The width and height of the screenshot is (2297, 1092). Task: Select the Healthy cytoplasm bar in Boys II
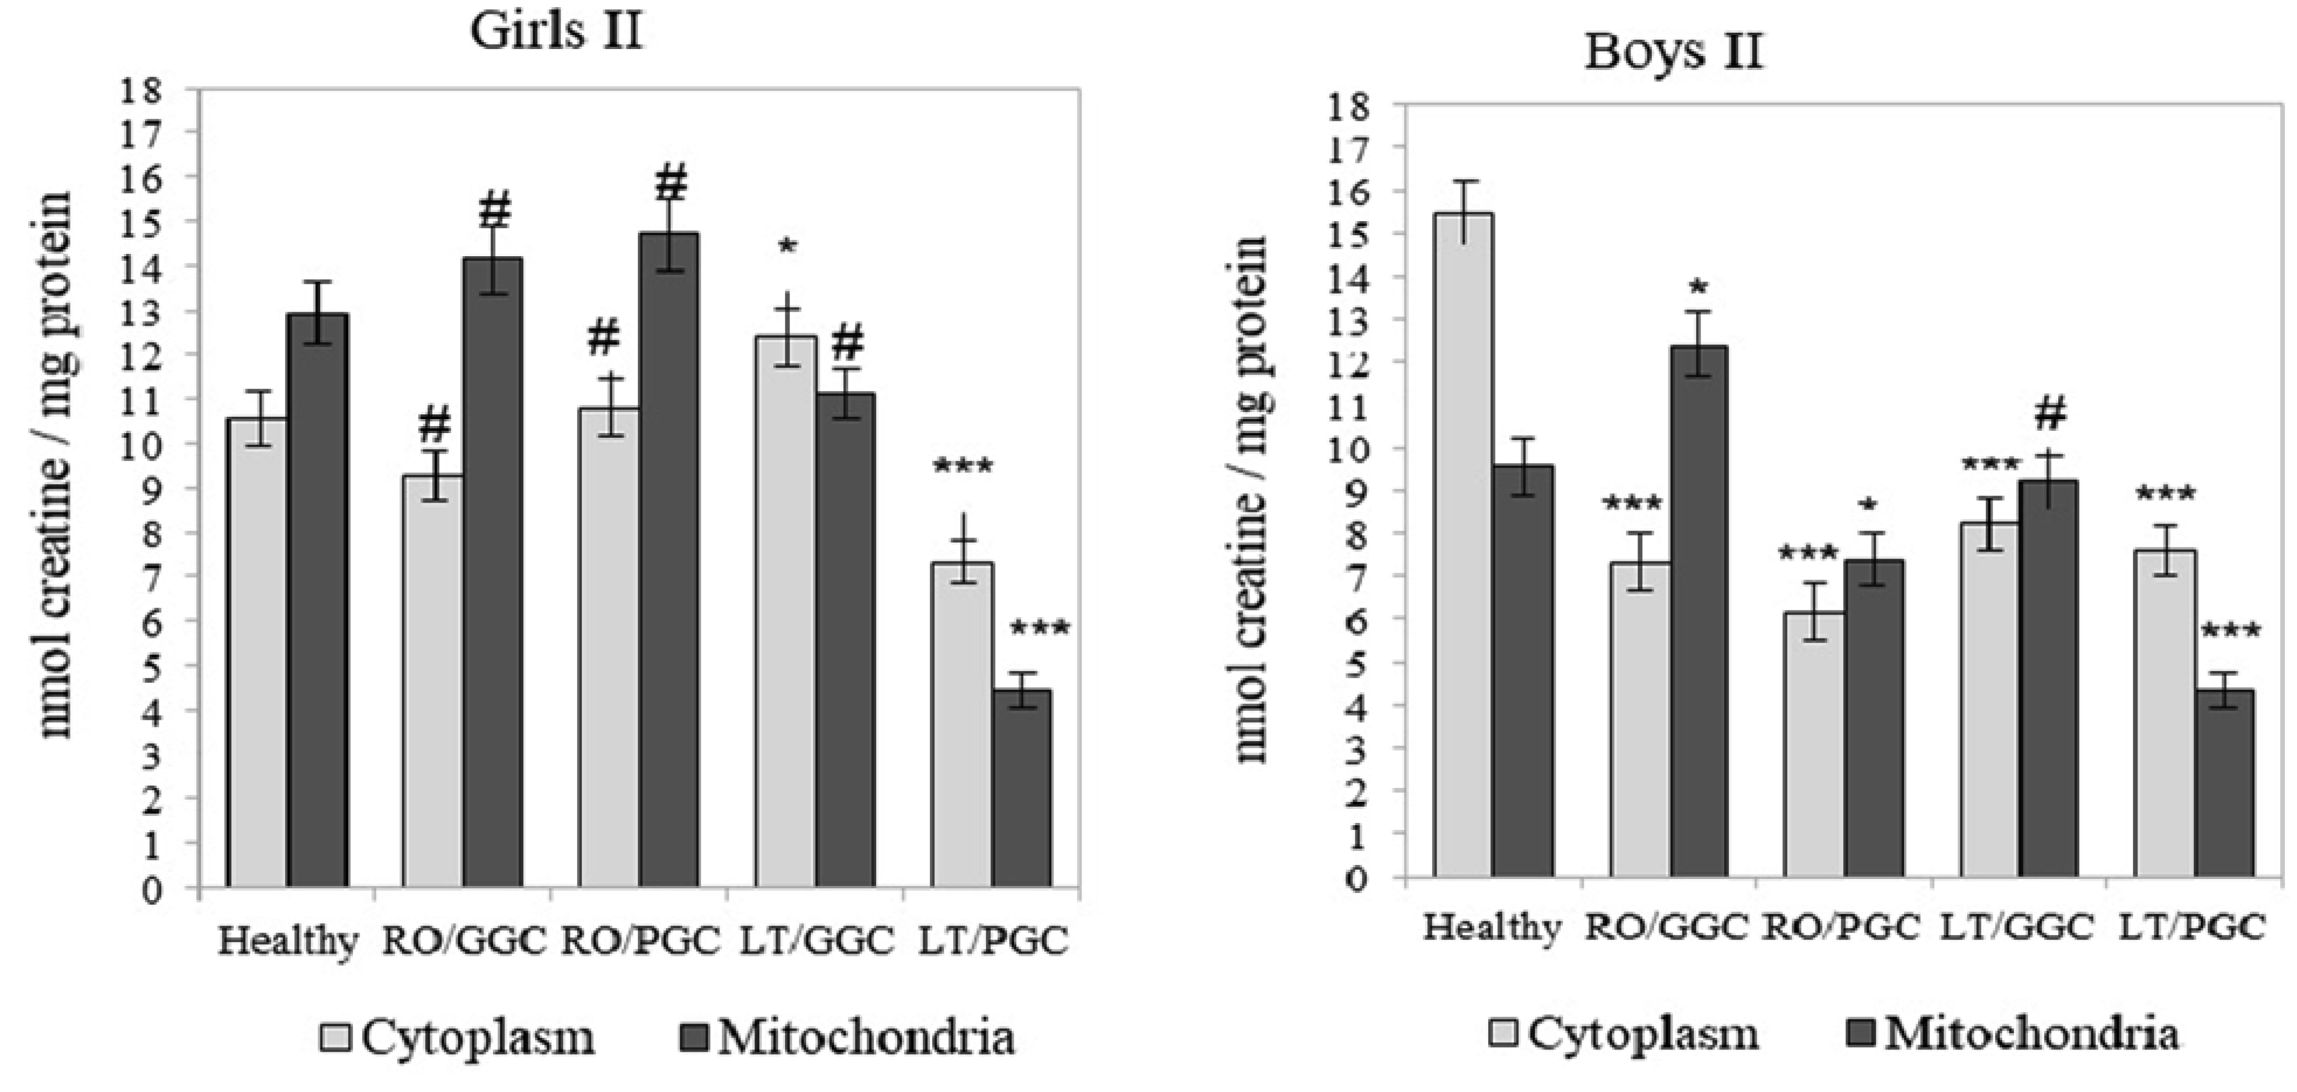coord(1463,546)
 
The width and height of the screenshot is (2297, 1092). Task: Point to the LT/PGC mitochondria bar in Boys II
coord(2226,784)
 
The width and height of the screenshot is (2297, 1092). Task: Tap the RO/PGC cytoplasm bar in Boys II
coord(1815,745)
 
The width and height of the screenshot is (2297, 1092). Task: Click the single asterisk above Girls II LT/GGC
coord(787,247)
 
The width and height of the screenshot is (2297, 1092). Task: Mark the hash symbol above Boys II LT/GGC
coord(2050,413)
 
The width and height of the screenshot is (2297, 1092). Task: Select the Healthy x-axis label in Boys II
coord(1492,928)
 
